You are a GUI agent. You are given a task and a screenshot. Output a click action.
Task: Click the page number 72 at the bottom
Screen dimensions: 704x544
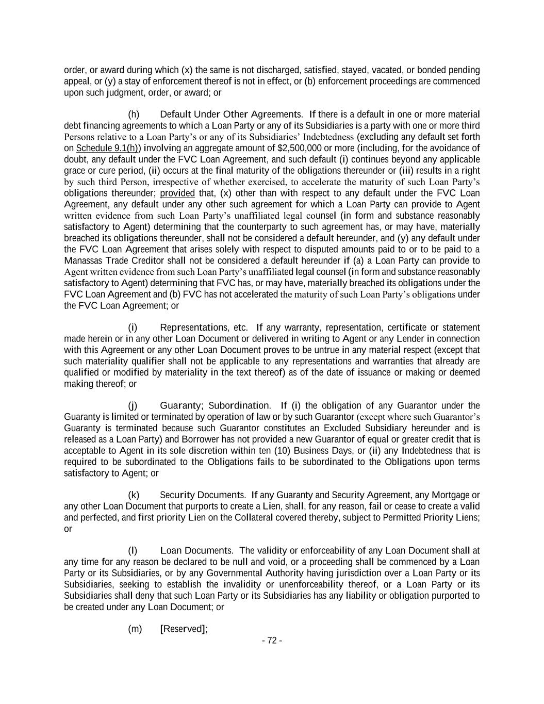tap(272, 641)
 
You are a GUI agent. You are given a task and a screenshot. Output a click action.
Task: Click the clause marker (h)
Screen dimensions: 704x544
tap(134, 114)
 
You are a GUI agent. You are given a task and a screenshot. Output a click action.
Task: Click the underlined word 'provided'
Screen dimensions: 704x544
tap(177, 193)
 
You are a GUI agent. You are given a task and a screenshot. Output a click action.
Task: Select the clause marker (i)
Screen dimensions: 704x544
tap(133, 328)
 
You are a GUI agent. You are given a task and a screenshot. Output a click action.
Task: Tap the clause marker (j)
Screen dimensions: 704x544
tap(133, 406)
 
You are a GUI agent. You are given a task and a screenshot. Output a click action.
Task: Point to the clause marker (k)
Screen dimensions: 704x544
tap(134, 495)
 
